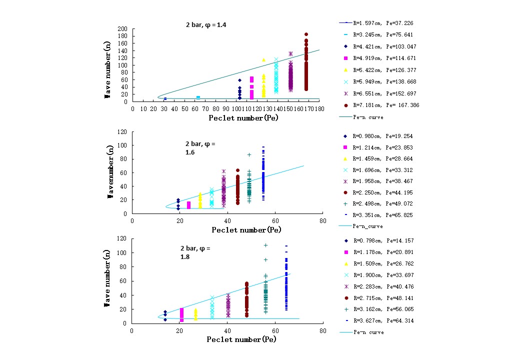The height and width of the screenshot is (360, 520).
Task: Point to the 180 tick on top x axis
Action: (318, 107)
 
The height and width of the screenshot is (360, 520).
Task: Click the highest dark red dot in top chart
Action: (306, 35)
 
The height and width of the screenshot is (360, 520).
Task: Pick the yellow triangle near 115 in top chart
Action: (263, 60)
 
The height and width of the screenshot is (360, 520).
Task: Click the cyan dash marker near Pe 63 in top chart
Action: (198, 97)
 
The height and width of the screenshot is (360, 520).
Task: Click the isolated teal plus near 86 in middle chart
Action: (249, 154)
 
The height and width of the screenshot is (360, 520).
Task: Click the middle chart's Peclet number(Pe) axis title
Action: (246, 230)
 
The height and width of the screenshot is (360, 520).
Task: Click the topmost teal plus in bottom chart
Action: (266, 245)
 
